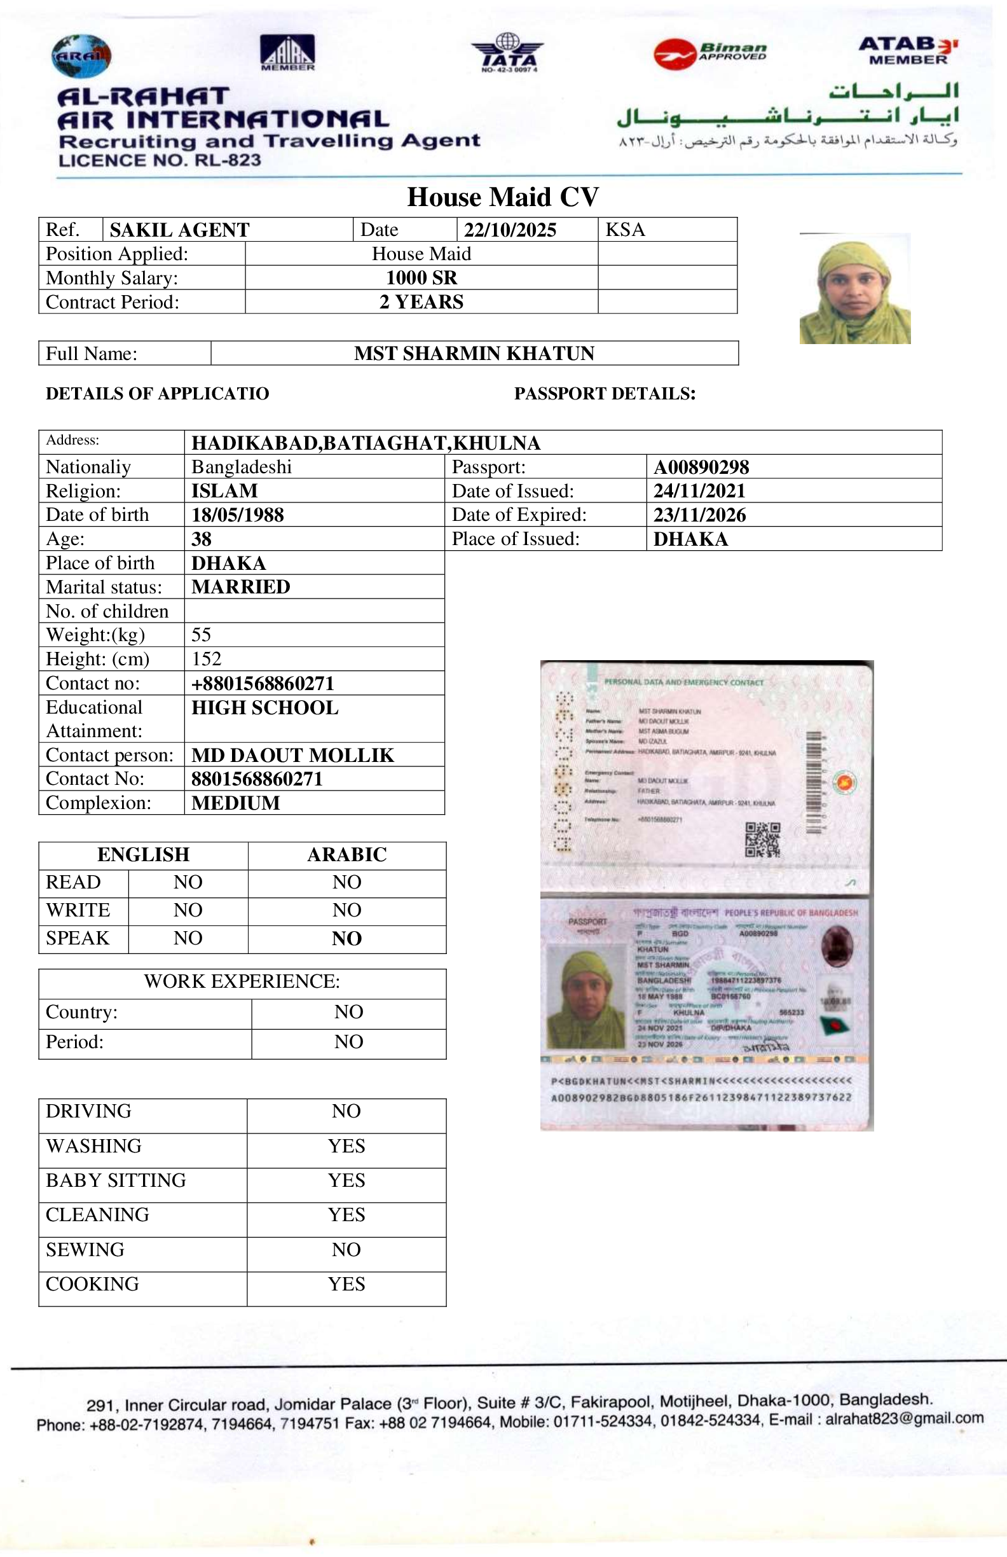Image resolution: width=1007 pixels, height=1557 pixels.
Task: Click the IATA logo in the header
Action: pyautogui.click(x=507, y=53)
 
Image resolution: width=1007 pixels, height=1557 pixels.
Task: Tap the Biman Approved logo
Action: pyautogui.click(x=711, y=52)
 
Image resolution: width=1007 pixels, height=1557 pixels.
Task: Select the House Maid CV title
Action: pyautogui.click(x=503, y=197)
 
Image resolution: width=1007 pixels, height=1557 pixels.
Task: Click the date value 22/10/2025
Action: pyautogui.click(x=510, y=230)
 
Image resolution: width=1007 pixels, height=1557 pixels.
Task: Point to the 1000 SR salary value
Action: pyautogui.click(x=421, y=277)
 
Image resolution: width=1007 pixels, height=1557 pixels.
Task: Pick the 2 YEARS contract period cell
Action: pyautogui.click(x=421, y=301)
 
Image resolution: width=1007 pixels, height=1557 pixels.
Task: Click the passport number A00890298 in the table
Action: pyautogui.click(x=701, y=466)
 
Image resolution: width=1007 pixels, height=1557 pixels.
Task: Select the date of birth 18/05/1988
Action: pyautogui.click(x=237, y=515)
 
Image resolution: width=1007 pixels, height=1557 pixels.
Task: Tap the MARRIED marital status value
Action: pyautogui.click(x=241, y=587)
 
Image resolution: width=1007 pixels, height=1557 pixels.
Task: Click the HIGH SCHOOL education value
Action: pyautogui.click(x=265, y=708)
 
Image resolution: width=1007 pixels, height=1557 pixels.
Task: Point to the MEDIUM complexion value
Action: pyautogui.click(x=235, y=803)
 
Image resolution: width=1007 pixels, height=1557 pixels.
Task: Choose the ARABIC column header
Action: pyautogui.click(x=347, y=855)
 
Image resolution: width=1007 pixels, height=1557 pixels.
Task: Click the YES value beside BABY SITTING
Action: pyautogui.click(x=346, y=1180)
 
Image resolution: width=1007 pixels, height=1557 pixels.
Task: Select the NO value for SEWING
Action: pyautogui.click(x=346, y=1250)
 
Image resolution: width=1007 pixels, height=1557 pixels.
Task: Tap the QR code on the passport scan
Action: pyautogui.click(x=762, y=840)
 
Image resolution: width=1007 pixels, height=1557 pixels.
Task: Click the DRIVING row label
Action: pyautogui.click(x=89, y=1111)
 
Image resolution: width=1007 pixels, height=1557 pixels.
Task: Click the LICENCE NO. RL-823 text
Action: pyautogui.click(x=160, y=160)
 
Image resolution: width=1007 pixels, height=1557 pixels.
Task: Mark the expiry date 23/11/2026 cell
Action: pyautogui.click(x=700, y=515)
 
